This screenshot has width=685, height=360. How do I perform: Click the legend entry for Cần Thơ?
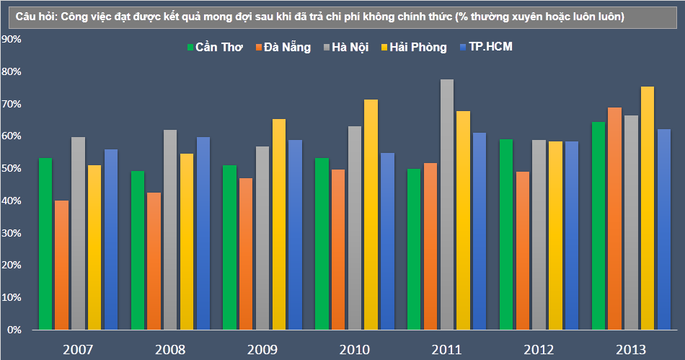click(x=214, y=48)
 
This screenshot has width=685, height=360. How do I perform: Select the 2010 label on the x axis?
click(x=353, y=350)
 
